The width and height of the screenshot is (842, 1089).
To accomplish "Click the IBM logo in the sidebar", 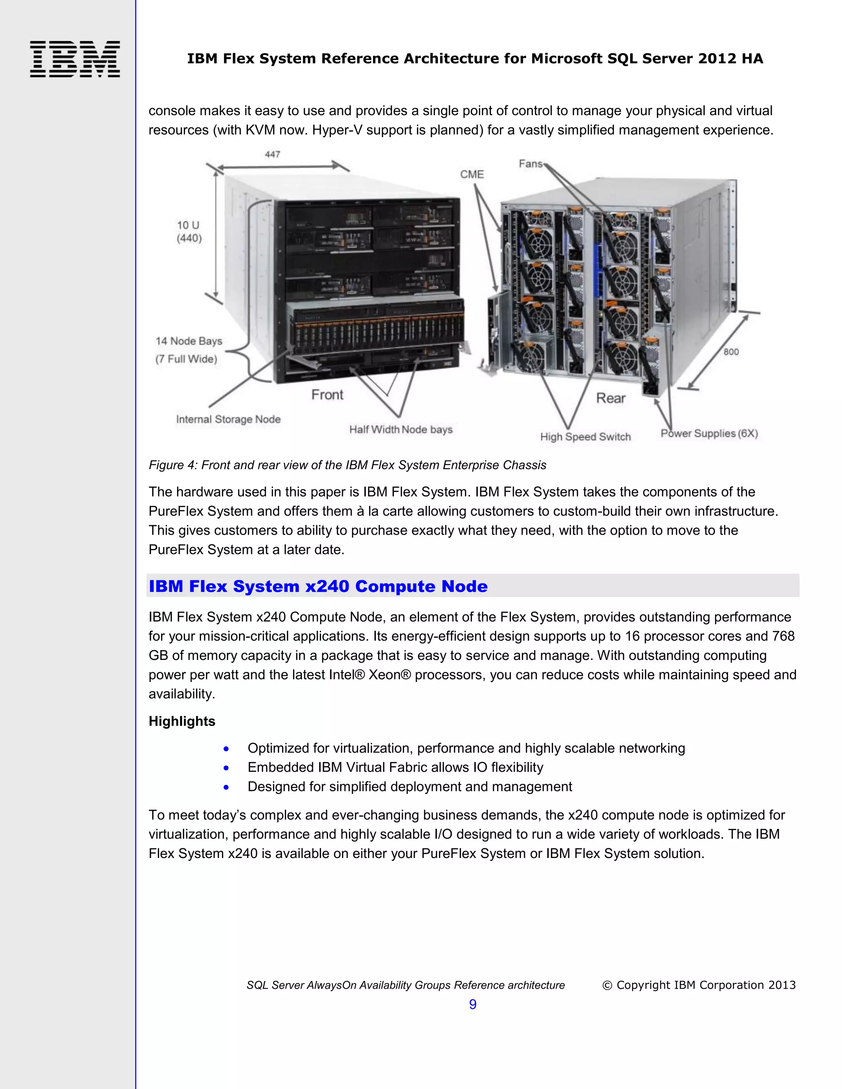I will click(75, 59).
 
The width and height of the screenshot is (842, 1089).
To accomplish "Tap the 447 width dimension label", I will click(272, 155).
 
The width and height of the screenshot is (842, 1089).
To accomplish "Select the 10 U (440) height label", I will click(189, 232).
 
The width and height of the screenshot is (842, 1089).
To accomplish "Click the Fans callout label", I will click(530, 164).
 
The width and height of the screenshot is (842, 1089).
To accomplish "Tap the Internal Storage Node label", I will click(228, 419).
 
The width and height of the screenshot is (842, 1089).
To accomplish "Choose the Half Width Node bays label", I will click(400, 430).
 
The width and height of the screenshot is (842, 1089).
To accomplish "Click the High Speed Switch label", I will click(585, 437).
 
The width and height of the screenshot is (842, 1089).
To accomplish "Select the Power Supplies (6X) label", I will click(709, 433).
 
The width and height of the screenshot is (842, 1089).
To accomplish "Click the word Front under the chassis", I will click(327, 395).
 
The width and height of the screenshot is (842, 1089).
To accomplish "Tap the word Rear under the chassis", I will click(611, 398).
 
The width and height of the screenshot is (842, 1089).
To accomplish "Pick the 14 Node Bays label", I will click(189, 341).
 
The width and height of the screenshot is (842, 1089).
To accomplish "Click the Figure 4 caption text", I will click(347, 465).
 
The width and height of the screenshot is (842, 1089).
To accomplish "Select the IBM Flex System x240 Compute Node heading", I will click(318, 586).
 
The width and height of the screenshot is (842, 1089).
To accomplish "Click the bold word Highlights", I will click(182, 722).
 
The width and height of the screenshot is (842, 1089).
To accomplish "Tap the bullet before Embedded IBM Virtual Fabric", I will click(227, 768).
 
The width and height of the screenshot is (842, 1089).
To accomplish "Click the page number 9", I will click(472, 1004).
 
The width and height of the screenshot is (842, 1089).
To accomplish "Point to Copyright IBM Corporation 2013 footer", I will click(699, 985).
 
